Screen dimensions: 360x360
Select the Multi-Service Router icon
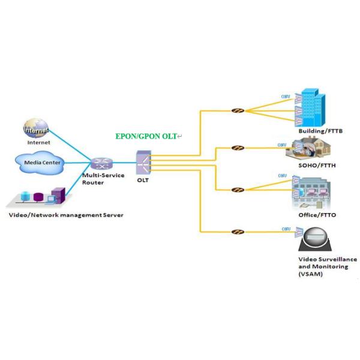pyautogui.click(x=99, y=163)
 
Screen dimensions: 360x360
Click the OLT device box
pyautogui.click(x=143, y=162)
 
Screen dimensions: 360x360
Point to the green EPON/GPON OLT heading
pyautogui.click(x=146, y=136)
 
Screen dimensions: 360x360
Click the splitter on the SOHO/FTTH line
pyautogui.click(x=238, y=148)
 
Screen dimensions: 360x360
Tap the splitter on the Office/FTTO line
pyautogui.click(x=238, y=190)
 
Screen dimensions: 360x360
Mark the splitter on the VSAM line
pyautogui.click(x=238, y=231)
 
